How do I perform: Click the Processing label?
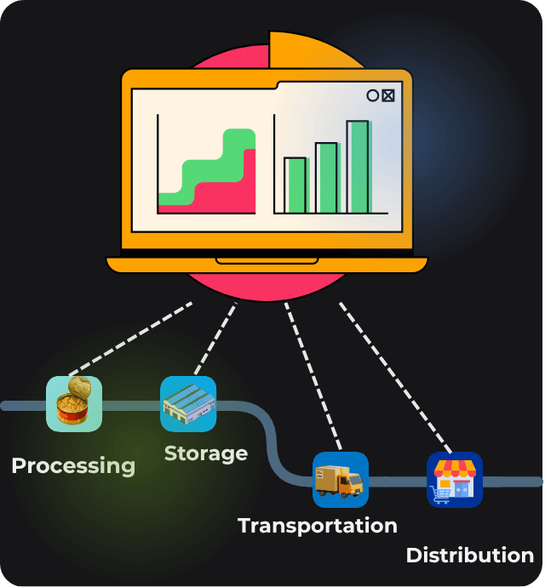tap(73, 465)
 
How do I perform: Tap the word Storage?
tap(206, 453)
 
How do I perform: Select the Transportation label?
tap(318, 525)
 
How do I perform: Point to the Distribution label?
tap(469, 556)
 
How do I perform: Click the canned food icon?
tap(74, 403)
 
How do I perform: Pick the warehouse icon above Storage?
tap(188, 403)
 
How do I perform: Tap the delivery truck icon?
tap(341, 480)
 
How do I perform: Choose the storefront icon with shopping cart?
tap(455, 480)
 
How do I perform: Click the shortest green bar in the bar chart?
tap(295, 185)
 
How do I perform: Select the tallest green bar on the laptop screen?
tap(358, 167)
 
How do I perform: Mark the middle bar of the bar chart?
tap(326, 177)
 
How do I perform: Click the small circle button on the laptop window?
tap(372, 95)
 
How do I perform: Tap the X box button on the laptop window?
tap(388, 95)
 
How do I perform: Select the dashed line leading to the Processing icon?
tap(132, 338)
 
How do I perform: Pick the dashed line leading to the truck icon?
tap(313, 374)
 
